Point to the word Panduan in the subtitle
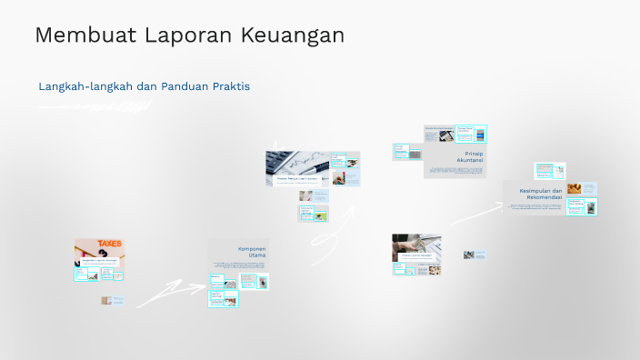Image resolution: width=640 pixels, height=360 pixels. click(x=185, y=86)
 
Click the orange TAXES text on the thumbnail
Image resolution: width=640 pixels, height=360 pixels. click(x=110, y=244)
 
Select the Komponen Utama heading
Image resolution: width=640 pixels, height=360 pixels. click(x=251, y=252)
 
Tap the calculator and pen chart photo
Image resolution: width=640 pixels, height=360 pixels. click(x=297, y=163)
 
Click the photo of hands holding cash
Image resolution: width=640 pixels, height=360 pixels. click(x=416, y=243)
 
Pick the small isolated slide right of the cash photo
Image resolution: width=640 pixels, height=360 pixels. click(x=475, y=255)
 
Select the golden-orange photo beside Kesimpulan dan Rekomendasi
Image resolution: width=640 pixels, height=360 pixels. click(x=575, y=189)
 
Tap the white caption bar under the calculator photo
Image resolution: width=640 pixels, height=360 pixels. click(x=297, y=180)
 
